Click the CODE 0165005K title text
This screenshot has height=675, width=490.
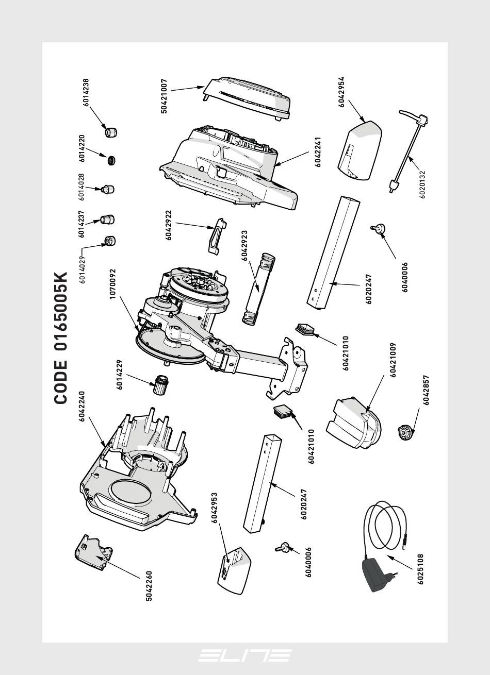click(x=61, y=337)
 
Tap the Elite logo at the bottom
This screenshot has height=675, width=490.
click(x=244, y=655)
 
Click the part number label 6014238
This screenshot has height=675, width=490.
click(x=86, y=92)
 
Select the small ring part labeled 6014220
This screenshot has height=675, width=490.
click(x=111, y=160)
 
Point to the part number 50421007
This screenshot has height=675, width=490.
click(x=164, y=96)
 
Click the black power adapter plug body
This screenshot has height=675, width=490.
click(x=378, y=575)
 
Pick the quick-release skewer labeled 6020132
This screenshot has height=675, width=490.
click(x=410, y=150)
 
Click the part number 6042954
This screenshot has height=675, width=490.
click(x=341, y=92)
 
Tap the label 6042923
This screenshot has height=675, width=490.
click(x=245, y=246)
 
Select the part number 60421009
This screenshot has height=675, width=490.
click(x=393, y=360)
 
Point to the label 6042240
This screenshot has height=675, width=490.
click(x=82, y=407)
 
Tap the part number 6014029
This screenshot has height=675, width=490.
click(x=82, y=266)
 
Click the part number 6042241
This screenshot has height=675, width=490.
click(x=318, y=151)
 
